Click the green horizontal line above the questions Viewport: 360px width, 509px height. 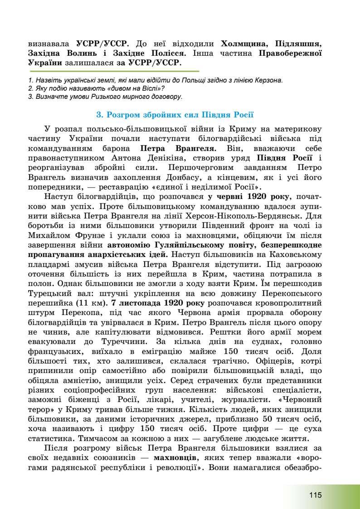pos(113,71)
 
